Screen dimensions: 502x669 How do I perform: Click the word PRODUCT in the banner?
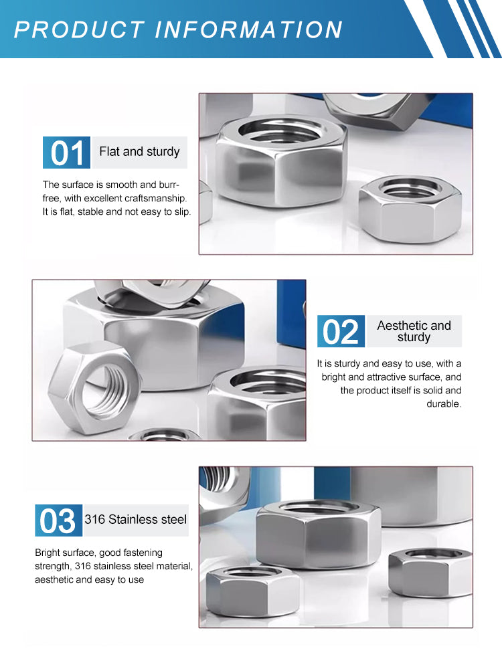pos(80,30)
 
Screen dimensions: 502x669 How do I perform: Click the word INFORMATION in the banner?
pos(248,30)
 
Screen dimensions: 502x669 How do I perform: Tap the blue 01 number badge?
pos(66,153)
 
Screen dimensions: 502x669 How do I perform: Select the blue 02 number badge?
pos(341,331)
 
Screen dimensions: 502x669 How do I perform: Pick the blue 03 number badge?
pos(58,520)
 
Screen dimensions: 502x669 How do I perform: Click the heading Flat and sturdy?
pos(140,152)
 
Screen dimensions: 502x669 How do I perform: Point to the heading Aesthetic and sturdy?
pos(414,331)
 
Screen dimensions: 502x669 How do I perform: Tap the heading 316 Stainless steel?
pos(136,520)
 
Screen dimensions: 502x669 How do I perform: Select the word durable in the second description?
pos(444,403)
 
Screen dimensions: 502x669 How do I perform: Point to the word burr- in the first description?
pos(169,185)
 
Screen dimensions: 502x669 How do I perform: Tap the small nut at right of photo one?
pos(410,209)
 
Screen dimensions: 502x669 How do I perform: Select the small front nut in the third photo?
pos(253,591)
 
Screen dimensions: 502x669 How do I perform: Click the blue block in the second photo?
pos(291,314)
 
